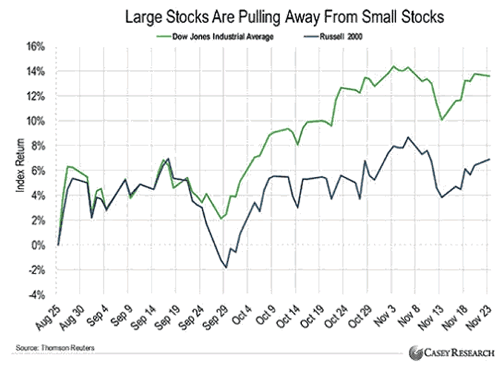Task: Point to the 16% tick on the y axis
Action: point(36,46)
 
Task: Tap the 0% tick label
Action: point(38,245)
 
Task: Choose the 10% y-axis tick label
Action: point(36,121)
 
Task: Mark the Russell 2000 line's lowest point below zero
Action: point(225,267)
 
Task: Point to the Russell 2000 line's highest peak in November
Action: point(408,137)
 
